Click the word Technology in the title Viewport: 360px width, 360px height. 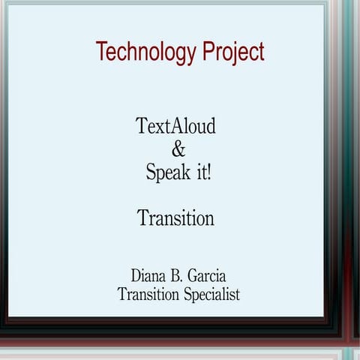click(x=145, y=53)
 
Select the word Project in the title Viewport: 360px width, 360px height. click(x=232, y=53)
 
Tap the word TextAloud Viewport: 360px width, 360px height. click(x=175, y=126)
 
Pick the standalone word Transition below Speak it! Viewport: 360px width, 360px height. click(x=175, y=219)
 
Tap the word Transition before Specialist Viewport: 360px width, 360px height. click(x=148, y=294)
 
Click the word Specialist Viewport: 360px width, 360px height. click(x=211, y=295)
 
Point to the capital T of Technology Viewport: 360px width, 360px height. click(x=100, y=52)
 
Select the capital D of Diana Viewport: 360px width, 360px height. click(x=136, y=272)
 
